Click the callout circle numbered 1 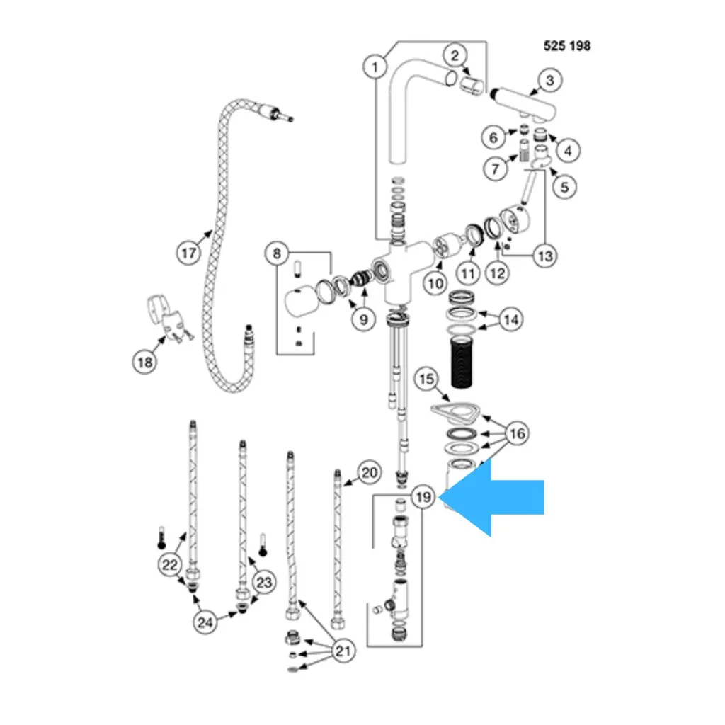point(375,67)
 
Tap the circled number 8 point(278,253)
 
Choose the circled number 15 point(426,379)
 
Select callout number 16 point(518,433)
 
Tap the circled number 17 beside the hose point(188,253)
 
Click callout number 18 point(144,362)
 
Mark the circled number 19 point(423,498)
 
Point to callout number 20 point(370,472)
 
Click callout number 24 point(205,622)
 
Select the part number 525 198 point(566,46)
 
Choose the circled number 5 point(564,187)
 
